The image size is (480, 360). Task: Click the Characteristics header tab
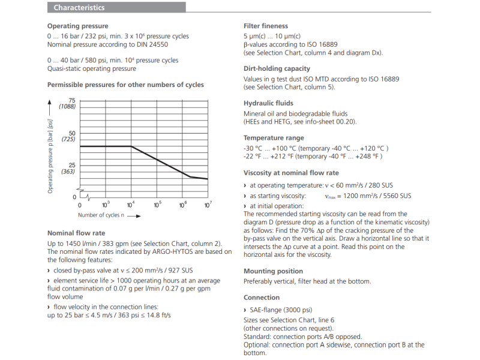pos(79,8)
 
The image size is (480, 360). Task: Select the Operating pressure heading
pos(77,26)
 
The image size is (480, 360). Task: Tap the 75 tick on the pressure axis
pos(73,100)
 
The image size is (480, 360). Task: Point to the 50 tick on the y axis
pos(73,133)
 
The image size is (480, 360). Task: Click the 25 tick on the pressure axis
pos(73,165)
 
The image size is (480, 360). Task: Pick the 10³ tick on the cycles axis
pos(106,205)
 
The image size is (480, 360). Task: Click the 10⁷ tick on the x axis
pos(208,205)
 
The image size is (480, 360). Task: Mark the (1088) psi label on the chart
pos(68,107)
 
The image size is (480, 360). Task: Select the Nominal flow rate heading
pos(76,233)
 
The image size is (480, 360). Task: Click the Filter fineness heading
pos(266,26)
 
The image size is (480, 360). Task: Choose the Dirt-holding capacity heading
pos(277,69)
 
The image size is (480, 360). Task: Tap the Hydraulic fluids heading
pos(268,103)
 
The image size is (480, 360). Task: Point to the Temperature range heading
pos(274,138)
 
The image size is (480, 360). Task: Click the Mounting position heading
pos(273,271)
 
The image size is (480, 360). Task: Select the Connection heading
pos(262,298)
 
